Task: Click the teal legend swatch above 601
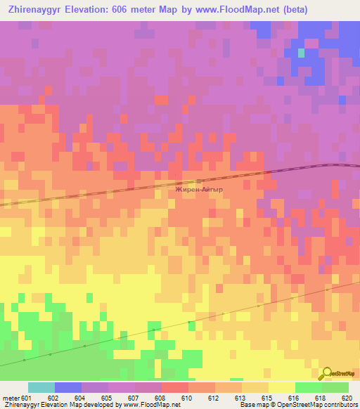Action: click(41, 387)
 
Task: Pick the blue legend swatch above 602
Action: click(68, 387)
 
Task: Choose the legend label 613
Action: click(238, 397)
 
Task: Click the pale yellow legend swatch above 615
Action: click(282, 387)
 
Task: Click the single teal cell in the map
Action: click(302, 53)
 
